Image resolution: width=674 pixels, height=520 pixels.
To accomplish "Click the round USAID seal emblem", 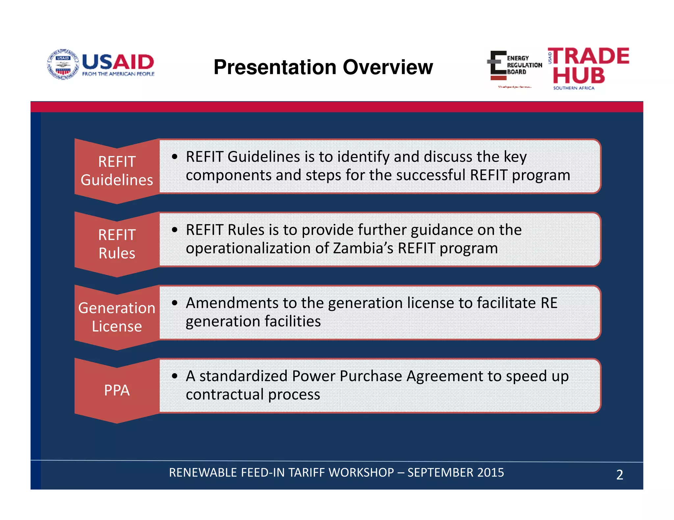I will (63, 64).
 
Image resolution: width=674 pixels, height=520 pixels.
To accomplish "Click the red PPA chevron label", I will (117, 390).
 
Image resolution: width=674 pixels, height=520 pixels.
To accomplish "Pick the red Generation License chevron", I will (117, 317).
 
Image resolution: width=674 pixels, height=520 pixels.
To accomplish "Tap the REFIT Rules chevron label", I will (117, 244).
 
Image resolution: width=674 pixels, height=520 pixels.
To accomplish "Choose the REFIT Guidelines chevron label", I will (117, 171).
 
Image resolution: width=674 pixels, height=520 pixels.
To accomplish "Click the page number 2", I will (619, 475).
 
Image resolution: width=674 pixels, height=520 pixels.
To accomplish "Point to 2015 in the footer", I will (490, 472).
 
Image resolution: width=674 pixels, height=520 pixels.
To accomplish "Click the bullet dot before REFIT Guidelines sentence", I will (175, 157).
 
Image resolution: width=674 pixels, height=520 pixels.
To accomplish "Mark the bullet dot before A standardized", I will (175, 376).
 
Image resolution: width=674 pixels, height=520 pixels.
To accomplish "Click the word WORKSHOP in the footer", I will (361, 472).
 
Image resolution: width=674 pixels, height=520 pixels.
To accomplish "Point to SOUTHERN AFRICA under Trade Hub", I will (574, 88).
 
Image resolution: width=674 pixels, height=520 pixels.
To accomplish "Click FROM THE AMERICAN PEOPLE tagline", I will (118, 74).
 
